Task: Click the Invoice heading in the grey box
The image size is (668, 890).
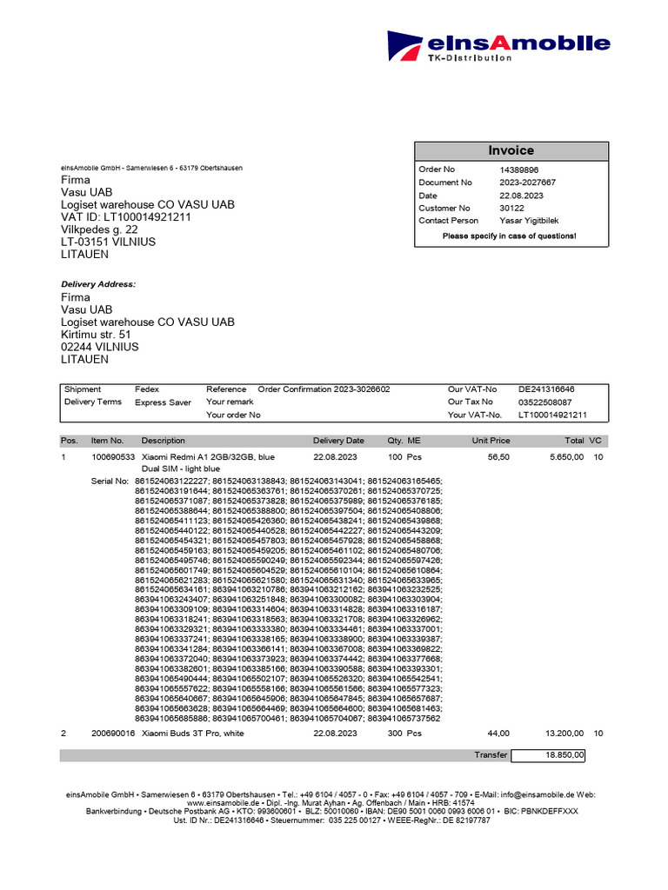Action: pos(511,150)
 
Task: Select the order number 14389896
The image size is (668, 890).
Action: pos(519,169)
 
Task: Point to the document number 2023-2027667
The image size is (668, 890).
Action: pos(528,183)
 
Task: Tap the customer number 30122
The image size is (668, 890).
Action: pos(511,209)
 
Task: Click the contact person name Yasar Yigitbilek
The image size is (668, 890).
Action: pos(532,221)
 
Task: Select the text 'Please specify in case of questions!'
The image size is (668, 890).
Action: pos(510,236)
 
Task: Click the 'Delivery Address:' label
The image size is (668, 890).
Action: pos(98,284)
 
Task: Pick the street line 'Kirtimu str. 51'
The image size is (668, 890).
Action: pos(96,334)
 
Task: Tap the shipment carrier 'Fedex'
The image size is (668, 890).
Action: pos(147,389)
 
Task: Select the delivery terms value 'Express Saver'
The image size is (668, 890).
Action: pos(163,402)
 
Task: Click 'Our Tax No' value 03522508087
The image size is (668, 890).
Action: pos(545,402)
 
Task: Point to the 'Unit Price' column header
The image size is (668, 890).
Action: pos(491,441)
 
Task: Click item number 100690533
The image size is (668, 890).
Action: pos(113,456)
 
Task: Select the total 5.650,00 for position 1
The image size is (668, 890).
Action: pos(564,456)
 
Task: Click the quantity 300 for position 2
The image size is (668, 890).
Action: pos(396,734)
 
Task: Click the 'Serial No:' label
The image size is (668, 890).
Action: pos(110,481)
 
